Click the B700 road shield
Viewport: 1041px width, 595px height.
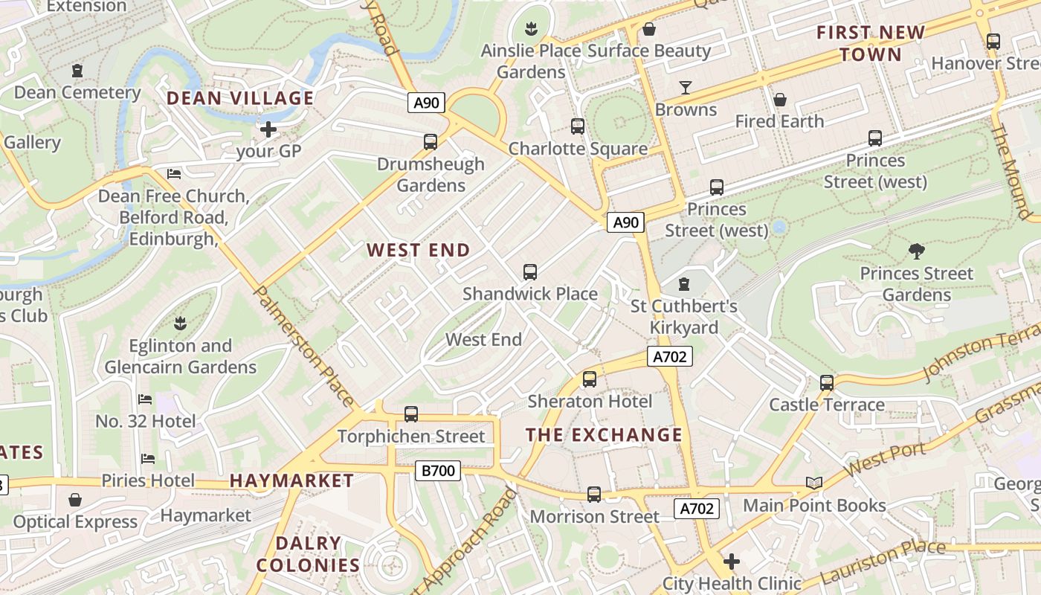click(437, 470)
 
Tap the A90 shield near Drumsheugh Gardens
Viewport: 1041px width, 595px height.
click(426, 103)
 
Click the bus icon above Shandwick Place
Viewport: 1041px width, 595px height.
click(530, 272)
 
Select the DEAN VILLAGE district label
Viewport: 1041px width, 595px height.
click(239, 98)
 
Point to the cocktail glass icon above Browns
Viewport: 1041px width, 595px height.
click(686, 88)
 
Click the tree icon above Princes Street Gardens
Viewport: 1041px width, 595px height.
click(916, 251)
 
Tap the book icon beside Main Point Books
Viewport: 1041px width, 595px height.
click(814, 483)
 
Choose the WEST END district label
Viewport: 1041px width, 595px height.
click(419, 250)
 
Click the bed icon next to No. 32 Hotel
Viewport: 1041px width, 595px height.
click(145, 399)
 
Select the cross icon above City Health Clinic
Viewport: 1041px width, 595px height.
click(732, 561)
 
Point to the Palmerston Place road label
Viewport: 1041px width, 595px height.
click(304, 346)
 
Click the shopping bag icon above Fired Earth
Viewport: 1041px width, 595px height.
click(780, 100)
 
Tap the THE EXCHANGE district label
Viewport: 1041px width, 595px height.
click(604, 435)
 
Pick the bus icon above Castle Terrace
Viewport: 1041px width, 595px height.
click(827, 383)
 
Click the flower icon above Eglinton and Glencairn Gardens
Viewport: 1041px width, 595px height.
click(179, 324)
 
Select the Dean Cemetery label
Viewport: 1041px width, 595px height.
click(77, 92)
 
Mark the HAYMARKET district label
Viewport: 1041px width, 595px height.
click(291, 480)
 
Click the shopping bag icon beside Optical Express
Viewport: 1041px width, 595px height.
click(74, 500)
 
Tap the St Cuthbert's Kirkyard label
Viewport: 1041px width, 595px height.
click(684, 317)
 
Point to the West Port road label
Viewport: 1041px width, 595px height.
click(885, 460)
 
